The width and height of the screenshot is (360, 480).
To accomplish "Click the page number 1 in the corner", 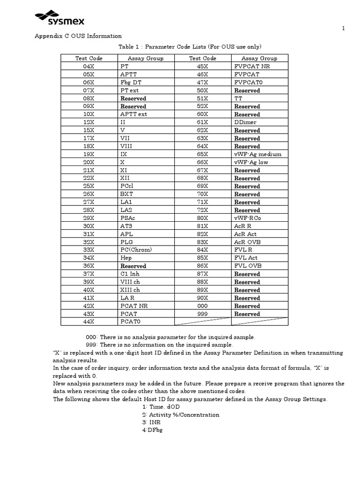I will click(343, 29).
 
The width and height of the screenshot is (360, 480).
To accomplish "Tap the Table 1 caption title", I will click(190, 46).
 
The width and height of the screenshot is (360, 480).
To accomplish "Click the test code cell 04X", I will click(89, 67).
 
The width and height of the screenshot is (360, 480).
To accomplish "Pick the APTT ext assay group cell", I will click(134, 114).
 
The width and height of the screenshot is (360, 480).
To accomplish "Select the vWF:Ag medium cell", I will click(258, 154).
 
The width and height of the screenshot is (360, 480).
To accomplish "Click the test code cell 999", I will click(202, 314).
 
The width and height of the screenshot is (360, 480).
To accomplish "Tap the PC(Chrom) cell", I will click(136, 250).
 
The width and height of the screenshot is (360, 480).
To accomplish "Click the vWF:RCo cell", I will click(248, 218).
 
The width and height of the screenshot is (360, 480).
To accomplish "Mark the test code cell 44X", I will click(89, 322).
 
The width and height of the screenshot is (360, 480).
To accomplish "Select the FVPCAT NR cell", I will click(252, 67).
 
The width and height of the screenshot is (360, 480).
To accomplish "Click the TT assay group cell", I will click(239, 98).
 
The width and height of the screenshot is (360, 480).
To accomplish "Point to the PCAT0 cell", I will click(130, 322).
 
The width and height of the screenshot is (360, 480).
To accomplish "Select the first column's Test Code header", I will click(89, 58).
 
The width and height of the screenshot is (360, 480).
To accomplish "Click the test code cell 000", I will click(202, 306).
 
